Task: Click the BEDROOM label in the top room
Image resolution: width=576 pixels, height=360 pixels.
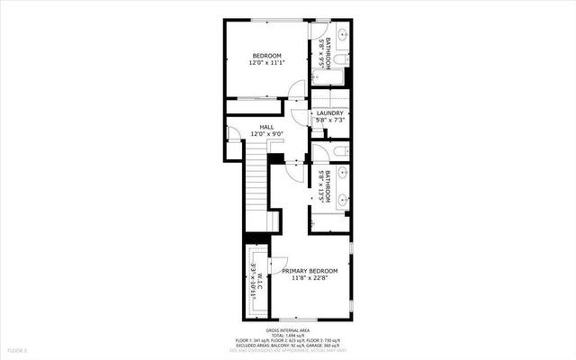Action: point(266,56)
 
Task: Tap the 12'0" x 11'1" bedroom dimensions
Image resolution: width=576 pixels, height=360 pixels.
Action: point(266,64)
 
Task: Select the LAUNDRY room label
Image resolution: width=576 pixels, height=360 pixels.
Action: point(329,112)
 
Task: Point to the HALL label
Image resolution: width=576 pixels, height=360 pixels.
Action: point(266,128)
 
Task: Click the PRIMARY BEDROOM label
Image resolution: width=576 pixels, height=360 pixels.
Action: point(310,271)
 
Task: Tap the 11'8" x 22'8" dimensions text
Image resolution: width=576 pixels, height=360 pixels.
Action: point(310,279)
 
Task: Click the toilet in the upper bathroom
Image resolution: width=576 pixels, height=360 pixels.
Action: point(341,61)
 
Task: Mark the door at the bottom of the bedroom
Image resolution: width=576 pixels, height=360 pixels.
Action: point(296,86)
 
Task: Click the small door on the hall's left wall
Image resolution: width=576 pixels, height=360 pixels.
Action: point(233,134)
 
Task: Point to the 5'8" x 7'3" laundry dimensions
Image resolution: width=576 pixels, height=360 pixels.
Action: point(329,121)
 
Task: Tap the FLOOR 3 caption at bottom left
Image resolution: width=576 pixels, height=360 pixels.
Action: point(18,348)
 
